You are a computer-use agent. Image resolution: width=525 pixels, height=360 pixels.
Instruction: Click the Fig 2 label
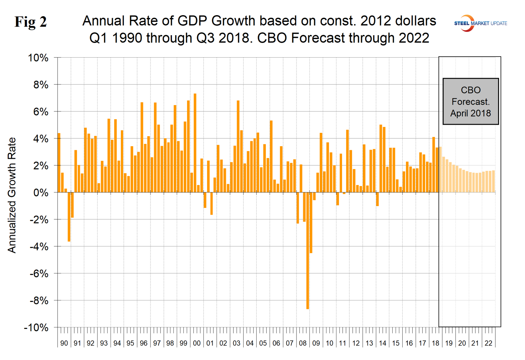(31, 22)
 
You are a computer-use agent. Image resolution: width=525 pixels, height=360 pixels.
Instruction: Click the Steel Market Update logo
(480, 23)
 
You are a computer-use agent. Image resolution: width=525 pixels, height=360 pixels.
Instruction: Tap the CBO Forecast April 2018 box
(470, 101)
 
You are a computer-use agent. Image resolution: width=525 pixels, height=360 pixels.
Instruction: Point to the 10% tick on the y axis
(38, 58)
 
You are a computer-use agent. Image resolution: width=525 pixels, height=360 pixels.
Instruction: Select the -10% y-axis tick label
(36, 328)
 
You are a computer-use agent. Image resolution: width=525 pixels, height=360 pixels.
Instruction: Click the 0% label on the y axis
(41, 193)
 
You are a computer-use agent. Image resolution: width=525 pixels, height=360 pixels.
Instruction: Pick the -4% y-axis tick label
(38, 247)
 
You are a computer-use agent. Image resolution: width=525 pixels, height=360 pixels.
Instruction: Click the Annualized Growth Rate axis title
(12, 195)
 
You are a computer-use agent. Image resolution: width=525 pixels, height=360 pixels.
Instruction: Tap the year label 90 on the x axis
(64, 343)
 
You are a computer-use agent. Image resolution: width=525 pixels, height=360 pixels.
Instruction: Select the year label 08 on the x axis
(302, 343)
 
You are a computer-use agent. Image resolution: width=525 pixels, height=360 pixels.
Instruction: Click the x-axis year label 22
(488, 343)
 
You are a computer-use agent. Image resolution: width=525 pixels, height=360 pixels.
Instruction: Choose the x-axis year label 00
(196, 343)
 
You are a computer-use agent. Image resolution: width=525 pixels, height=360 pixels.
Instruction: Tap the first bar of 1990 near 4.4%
(59, 163)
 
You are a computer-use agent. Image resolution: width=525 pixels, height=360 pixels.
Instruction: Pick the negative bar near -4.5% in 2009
(311, 222)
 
